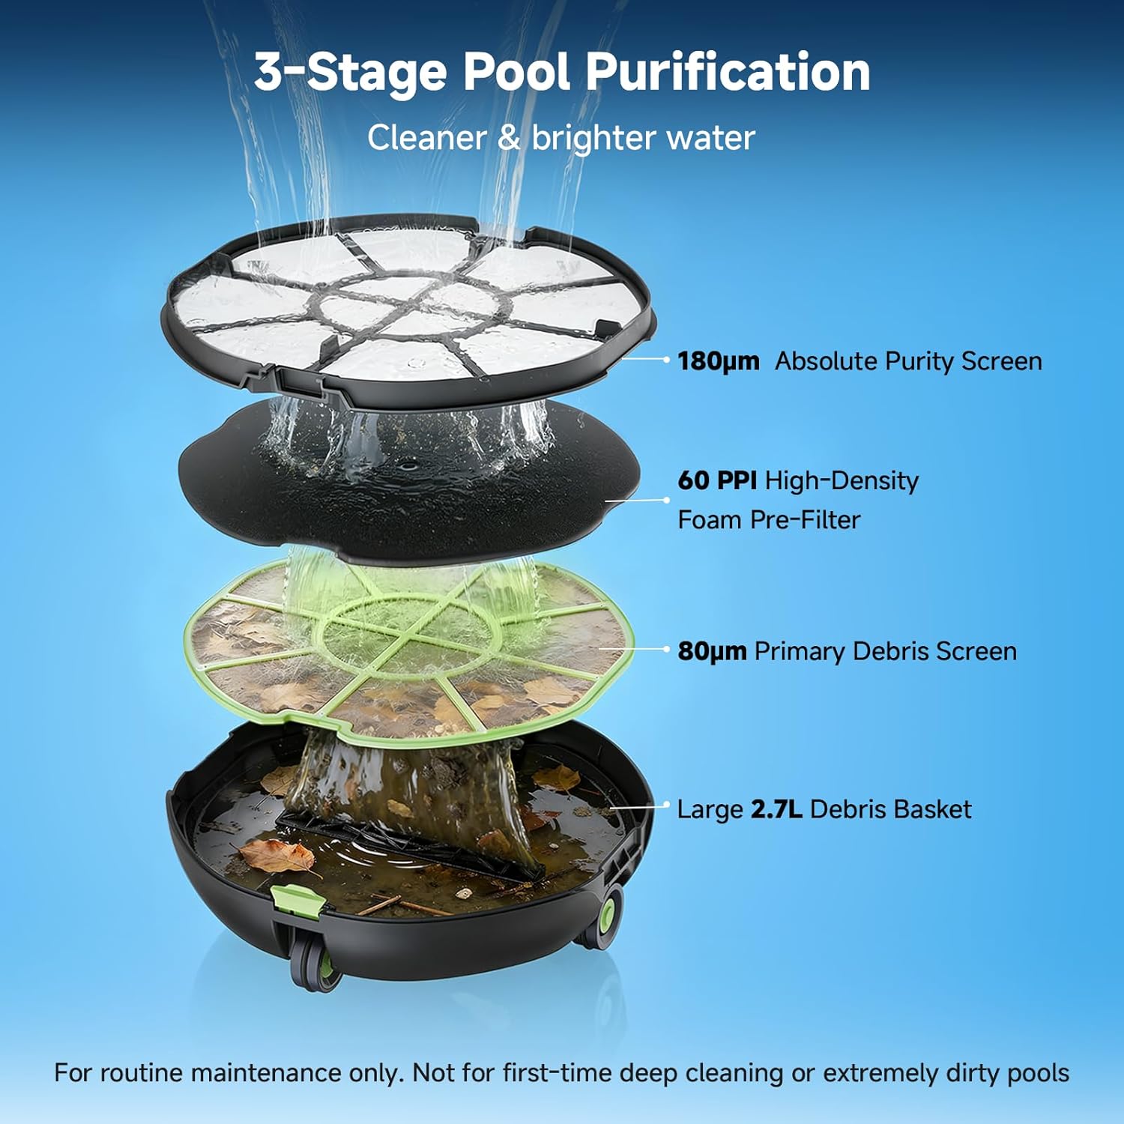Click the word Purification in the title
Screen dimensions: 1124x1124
[x=727, y=73]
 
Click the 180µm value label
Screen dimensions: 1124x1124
[x=718, y=361]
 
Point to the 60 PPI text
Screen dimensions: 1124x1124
[x=717, y=480]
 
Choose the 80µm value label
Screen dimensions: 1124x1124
[x=712, y=651]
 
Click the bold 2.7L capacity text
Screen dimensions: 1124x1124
[x=776, y=809]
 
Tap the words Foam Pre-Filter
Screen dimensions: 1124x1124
[x=769, y=520]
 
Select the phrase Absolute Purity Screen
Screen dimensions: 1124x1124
[x=908, y=361]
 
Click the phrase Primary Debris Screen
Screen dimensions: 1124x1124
[x=886, y=651]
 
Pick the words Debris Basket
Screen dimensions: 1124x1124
[x=891, y=809]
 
